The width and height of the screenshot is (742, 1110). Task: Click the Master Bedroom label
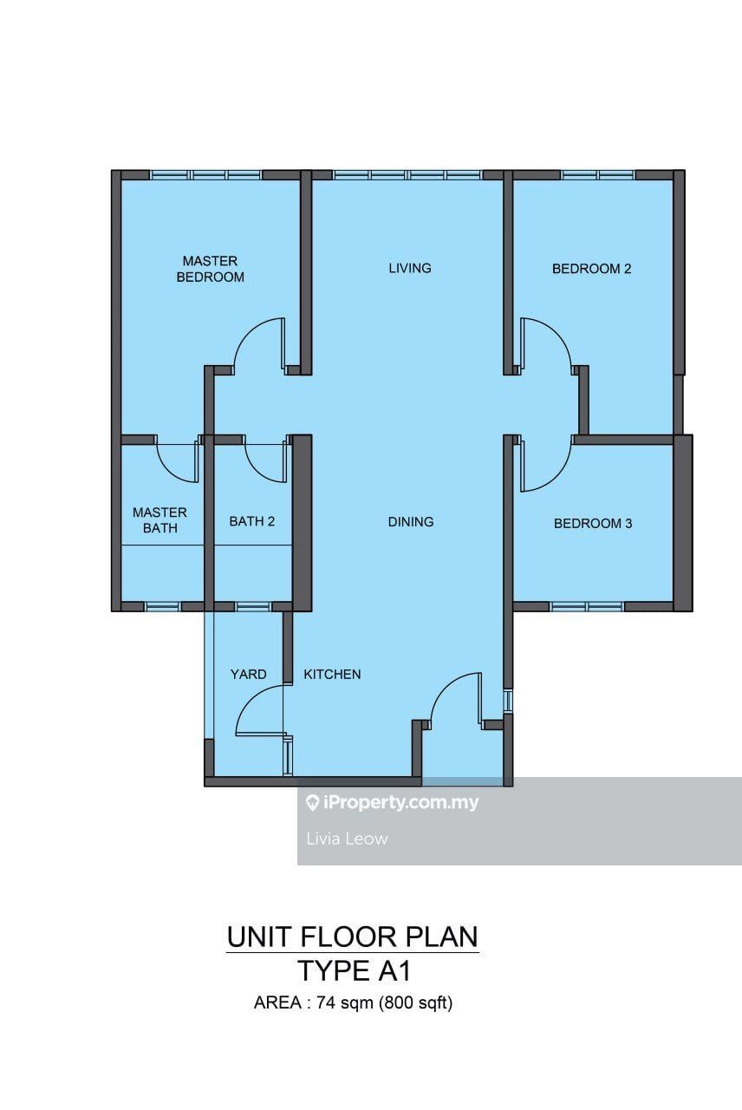(211, 269)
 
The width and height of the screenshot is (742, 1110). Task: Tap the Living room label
(410, 268)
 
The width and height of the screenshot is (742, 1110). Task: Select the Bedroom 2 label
(591, 269)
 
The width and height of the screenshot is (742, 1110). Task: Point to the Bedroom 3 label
(593, 523)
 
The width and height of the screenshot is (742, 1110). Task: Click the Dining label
(411, 521)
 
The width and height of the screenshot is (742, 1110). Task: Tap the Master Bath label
(159, 519)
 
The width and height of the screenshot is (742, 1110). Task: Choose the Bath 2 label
(251, 521)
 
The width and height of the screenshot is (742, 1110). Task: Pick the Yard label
(248, 674)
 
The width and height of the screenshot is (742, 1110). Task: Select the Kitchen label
(332, 674)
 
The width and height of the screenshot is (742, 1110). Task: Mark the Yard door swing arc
(248, 699)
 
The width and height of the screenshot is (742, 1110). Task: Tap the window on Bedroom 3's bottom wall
(587, 606)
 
